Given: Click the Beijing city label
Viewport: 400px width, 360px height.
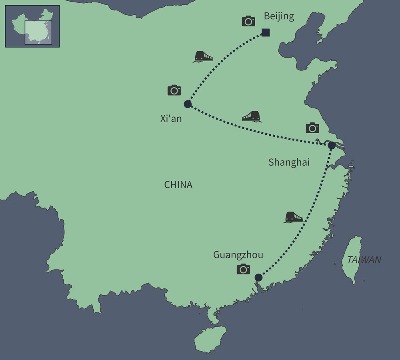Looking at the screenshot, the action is (x=279, y=16).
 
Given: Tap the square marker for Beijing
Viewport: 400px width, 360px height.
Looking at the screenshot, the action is (x=266, y=33).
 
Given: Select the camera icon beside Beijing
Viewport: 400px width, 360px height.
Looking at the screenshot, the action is (x=248, y=21).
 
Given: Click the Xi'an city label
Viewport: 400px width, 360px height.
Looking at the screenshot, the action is (x=171, y=118).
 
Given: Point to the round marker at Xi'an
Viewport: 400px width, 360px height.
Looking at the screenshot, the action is (x=187, y=104).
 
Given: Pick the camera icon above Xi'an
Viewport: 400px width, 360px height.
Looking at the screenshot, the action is (x=174, y=90).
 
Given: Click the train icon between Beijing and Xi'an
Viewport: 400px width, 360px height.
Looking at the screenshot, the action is (x=203, y=57).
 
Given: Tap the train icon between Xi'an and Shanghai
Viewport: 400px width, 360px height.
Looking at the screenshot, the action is (x=252, y=116).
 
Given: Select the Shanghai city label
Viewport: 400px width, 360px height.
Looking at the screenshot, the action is (x=289, y=162).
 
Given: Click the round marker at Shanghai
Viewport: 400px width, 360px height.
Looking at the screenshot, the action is (x=332, y=146).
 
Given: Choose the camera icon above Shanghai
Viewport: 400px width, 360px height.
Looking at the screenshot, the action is (x=312, y=128).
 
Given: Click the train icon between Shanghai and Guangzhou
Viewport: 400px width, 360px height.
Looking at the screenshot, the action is (x=294, y=217).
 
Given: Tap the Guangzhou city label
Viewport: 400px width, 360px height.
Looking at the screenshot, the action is (x=238, y=255).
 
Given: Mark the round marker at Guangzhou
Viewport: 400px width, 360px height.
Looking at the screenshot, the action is (x=258, y=277).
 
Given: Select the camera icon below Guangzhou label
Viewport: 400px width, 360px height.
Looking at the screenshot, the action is (x=243, y=269).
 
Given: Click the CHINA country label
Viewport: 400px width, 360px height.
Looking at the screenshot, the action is (x=178, y=185).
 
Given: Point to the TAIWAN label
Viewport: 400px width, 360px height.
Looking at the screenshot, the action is (x=364, y=260).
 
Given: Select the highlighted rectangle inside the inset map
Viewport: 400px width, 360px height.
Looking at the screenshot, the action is (x=38, y=32).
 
